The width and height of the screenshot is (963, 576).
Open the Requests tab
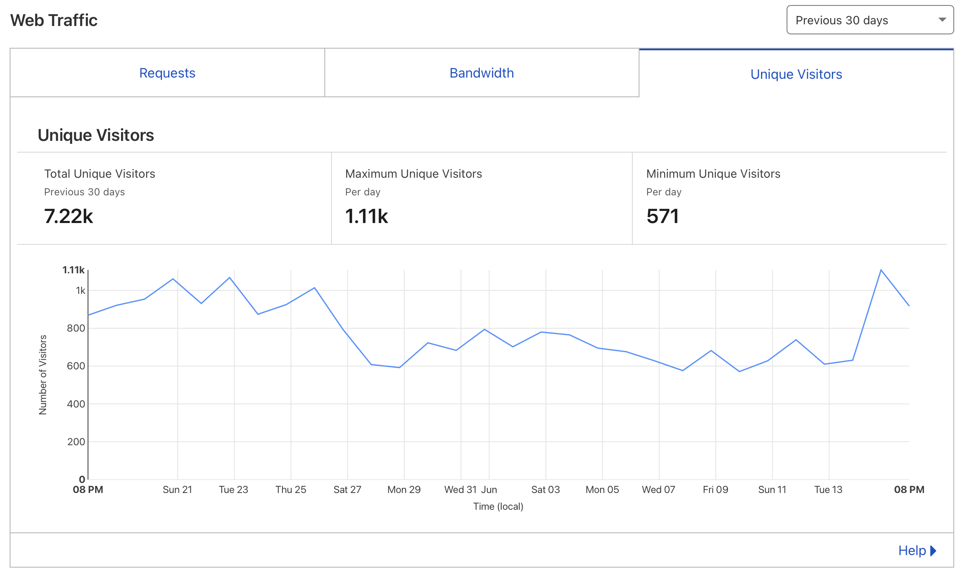tap(167, 73)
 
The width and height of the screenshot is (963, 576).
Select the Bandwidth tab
tap(481, 73)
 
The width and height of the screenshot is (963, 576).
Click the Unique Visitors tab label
tap(796, 74)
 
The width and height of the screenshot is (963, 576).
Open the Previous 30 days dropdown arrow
tap(942, 20)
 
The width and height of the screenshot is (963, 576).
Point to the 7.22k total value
tap(69, 216)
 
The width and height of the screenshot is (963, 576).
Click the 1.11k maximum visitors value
tap(367, 216)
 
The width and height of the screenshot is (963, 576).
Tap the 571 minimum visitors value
tap(663, 216)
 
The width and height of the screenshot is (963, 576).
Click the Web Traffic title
tap(54, 20)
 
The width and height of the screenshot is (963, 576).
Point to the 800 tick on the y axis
tap(76, 328)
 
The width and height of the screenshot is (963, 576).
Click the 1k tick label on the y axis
tap(80, 291)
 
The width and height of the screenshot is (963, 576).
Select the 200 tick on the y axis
tap(76, 442)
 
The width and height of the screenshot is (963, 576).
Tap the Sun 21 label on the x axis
tap(177, 490)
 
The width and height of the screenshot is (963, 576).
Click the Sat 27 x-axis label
tap(347, 490)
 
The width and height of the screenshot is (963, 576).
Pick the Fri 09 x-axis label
tap(715, 490)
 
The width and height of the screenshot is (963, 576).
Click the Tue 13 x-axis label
tap(828, 490)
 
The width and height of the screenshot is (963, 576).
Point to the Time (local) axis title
tap(498, 506)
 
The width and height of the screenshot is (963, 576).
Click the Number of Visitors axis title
tap(43, 375)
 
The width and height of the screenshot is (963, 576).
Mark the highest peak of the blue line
tap(881, 270)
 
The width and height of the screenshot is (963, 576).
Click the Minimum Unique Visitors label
tap(713, 174)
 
